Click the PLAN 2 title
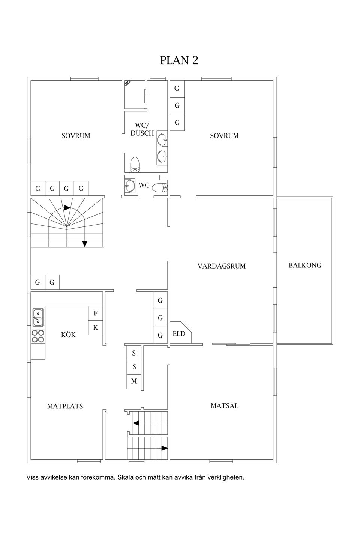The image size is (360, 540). pyautogui.click(x=179, y=60)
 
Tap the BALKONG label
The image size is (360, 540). pyautogui.click(x=305, y=265)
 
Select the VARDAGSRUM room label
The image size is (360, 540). pyautogui.click(x=221, y=266)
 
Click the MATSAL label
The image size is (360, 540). pyautogui.click(x=224, y=406)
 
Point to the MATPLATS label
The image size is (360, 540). pyautogui.click(x=65, y=406)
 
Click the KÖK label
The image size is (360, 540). pyautogui.click(x=68, y=334)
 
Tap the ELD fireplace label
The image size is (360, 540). pyautogui.click(x=179, y=334)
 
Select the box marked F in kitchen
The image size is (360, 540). pyautogui.click(x=95, y=313)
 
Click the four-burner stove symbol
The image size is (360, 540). pyautogui.click(x=38, y=336)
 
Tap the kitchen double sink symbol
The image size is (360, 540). pyautogui.click(x=38, y=317)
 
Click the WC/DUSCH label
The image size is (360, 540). pyautogui.click(x=142, y=129)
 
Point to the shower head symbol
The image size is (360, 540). pyautogui.click(x=128, y=84)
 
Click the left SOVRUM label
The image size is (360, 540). pyautogui.click(x=76, y=136)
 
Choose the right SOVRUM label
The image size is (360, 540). pyautogui.click(x=224, y=136)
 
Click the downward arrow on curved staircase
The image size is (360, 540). pyautogui.click(x=85, y=244)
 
